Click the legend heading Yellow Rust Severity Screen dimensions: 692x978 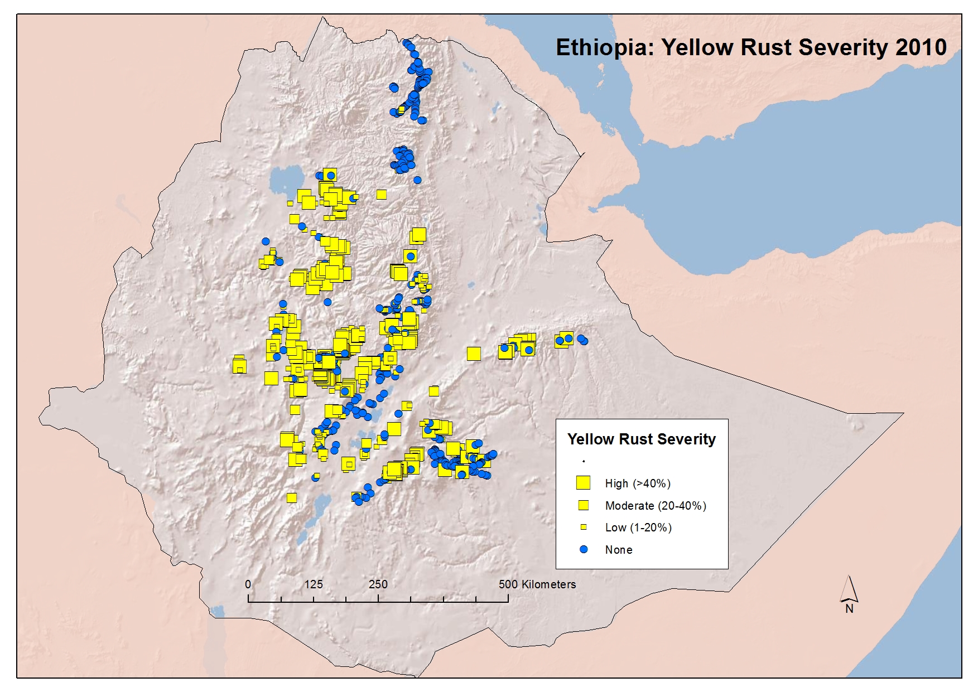coord(641,439)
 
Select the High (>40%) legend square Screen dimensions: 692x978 coord(583,483)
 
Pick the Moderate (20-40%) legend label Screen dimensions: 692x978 coord(656,506)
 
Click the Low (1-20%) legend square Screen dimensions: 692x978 coord(584,527)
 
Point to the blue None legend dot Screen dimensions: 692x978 coord(584,549)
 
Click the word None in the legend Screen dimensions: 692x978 coord(619,550)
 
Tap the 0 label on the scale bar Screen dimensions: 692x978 coord(248,584)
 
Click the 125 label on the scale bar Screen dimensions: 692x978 coord(314,584)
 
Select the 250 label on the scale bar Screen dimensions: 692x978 coord(378,584)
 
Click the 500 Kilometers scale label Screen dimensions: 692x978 coord(537,584)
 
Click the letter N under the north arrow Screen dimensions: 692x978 coord(849,609)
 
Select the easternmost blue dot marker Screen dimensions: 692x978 coord(584,341)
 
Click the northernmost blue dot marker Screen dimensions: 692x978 coord(406,42)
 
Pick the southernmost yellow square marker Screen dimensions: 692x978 coord(291,497)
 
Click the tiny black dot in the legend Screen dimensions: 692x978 coord(584,461)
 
